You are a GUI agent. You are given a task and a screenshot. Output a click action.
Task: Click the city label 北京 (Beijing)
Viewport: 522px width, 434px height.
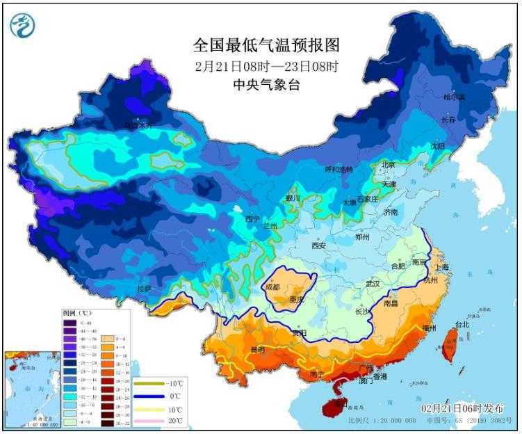click(x=387, y=165)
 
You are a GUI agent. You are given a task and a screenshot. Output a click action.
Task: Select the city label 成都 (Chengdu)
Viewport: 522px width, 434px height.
click(x=272, y=287)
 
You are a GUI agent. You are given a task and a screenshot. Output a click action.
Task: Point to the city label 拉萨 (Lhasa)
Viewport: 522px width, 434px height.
click(x=144, y=288)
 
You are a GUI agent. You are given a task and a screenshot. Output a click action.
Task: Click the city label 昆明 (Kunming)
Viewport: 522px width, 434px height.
click(x=257, y=350)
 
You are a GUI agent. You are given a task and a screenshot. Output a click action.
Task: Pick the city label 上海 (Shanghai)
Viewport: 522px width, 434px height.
click(x=440, y=267)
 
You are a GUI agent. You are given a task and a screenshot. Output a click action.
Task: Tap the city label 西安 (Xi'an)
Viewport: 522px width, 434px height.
click(x=318, y=246)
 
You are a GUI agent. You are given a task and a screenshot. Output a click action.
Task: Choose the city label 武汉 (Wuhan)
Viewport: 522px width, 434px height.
click(x=373, y=284)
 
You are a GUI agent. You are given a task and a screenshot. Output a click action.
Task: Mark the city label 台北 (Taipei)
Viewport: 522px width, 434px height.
click(x=462, y=324)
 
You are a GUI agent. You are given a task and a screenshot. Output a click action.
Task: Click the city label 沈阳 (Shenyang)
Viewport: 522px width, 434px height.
click(x=437, y=146)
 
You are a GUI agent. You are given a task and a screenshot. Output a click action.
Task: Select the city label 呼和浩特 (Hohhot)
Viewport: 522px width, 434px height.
click(x=339, y=170)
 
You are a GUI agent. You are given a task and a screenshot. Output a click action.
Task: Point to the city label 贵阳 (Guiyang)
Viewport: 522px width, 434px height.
click(x=299, y=333)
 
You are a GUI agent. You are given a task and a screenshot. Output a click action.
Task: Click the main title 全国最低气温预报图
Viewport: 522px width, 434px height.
click(x=266, y=46)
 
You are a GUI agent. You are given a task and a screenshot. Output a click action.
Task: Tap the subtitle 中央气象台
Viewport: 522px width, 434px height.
click(x=266, y=85)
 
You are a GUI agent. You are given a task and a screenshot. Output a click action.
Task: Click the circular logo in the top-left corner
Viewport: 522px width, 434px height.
click(x=22, y=25)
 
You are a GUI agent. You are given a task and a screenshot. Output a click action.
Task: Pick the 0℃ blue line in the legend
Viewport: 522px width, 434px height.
click(x=148, y=396)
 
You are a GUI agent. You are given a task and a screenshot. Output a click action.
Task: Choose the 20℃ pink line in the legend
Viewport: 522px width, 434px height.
click(x=148, y=421)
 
